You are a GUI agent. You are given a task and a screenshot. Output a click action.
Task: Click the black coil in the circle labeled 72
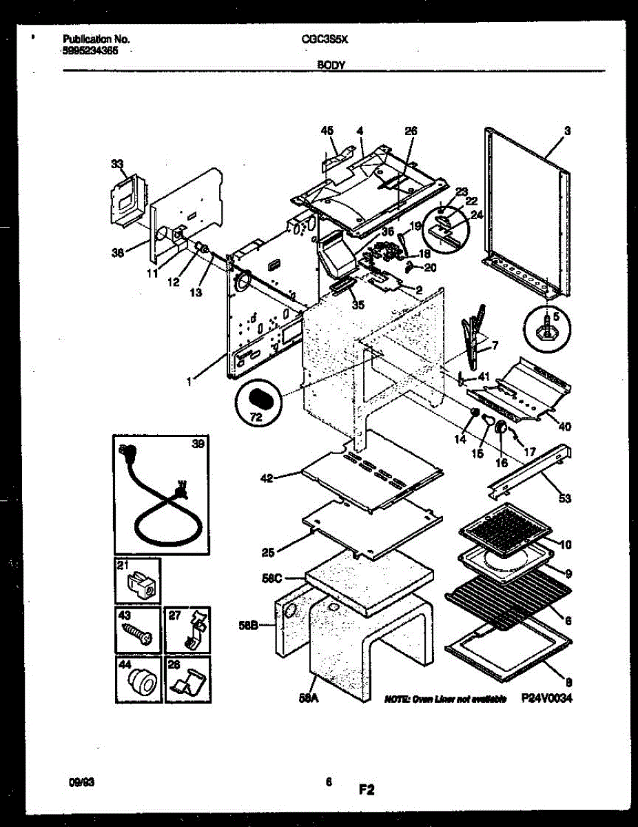coord(260,399)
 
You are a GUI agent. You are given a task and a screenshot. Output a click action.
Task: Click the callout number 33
coord(117,164)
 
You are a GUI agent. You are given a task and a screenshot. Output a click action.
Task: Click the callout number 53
coord(564,498)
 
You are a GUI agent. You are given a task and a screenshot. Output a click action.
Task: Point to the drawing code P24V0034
coord(546,699)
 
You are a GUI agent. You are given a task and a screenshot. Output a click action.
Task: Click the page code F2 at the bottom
coord(366,790)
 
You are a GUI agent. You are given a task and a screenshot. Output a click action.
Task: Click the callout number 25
coord(269,552)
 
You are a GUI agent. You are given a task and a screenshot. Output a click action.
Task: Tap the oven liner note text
coord(445,699)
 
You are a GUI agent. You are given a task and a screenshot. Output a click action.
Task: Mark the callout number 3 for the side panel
coord(567,130)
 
